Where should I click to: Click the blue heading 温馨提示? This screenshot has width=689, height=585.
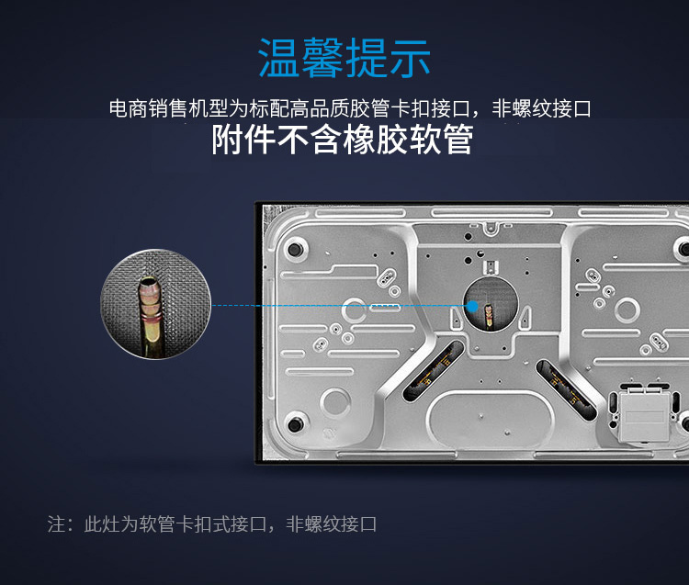[344, 58]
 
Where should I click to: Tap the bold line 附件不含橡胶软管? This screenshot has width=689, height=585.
[343, 140]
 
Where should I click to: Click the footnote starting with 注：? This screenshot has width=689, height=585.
[212, 524]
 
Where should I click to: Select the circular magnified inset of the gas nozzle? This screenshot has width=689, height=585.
[155, 304]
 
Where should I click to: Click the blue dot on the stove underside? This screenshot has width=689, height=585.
[472, 306]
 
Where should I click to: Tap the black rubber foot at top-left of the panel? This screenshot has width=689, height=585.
[295, 249]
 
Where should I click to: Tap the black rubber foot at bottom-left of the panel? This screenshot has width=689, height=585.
[294, 423]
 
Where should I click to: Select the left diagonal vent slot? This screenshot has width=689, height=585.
[434, 371]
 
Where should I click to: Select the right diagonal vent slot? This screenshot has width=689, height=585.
[566, 389]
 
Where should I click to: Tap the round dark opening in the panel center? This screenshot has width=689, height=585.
[491, 304]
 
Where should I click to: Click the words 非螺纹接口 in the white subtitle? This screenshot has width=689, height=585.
[541, 108]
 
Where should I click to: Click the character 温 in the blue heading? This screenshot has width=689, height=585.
[279, 58]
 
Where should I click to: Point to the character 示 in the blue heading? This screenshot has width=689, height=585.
[410, 59]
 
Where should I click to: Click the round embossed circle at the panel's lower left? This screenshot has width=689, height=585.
[335, 402]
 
